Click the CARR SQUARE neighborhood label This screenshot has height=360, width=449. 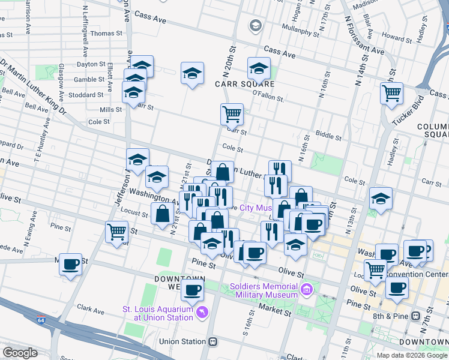pyautogui.click(x=245, y=84)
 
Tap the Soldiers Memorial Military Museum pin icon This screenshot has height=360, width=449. pyautogui.click(x=307, y=290)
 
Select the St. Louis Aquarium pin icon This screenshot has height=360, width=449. pyautogui.click(x=202, y=313)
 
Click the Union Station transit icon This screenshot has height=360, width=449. pyautogui.click(x=212, y=341)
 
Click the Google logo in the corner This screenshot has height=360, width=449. pyautogui.click(x=20, y=352)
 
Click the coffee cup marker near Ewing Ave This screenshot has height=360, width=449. pyautogui.click(x=70, y=263)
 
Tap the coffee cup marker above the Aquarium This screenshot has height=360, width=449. pyautogui.click(x=192, y=291)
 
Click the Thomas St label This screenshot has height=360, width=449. pyautogui.click(x=106, y=34)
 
